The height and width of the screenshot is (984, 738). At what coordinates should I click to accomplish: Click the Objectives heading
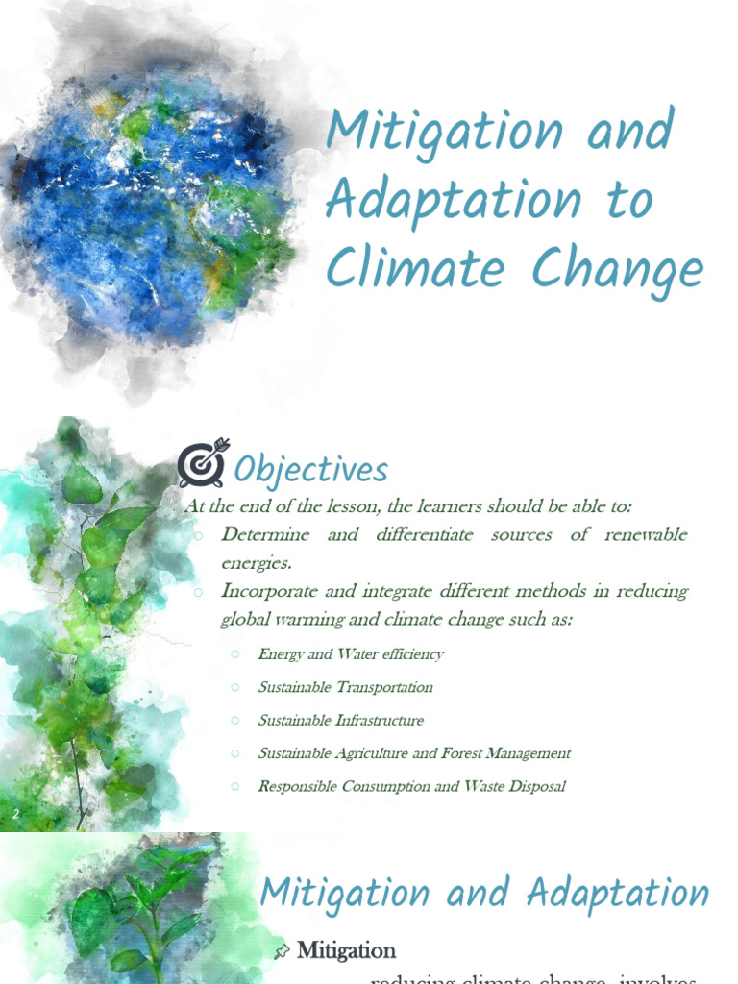point(311,470)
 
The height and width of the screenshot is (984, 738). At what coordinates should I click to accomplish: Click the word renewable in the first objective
point(646,535)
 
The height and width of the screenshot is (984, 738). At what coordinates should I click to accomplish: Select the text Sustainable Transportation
point(345,687)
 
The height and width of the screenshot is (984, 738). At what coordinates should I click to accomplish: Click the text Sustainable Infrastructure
point(340,720)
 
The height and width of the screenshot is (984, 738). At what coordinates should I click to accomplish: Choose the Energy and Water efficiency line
point(351,654)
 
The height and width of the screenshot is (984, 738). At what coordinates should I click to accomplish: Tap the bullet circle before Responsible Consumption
point(234,786)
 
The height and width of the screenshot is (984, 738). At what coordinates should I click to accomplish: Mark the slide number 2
point(15,816)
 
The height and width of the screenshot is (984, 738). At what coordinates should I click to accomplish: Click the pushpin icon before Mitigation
point(282,951)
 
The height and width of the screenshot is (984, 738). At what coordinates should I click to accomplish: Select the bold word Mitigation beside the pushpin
point(347,950)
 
